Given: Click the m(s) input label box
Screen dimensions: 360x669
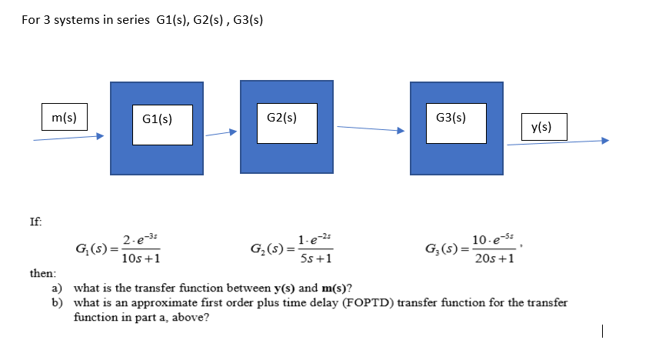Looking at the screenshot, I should pos(64,118).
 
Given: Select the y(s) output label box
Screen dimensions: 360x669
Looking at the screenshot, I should pos(544,127).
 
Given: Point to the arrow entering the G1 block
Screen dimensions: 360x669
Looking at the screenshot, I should pos(68,138).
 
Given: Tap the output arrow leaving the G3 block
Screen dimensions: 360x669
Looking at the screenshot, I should pos(556,142).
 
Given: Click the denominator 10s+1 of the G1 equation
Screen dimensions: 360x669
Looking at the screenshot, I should pos(141,259).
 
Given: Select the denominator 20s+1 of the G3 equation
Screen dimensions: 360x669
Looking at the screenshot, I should pos(494,258).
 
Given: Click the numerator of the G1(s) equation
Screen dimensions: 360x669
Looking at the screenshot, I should pos(141,240).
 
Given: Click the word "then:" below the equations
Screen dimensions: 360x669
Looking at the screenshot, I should pos(43,274).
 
